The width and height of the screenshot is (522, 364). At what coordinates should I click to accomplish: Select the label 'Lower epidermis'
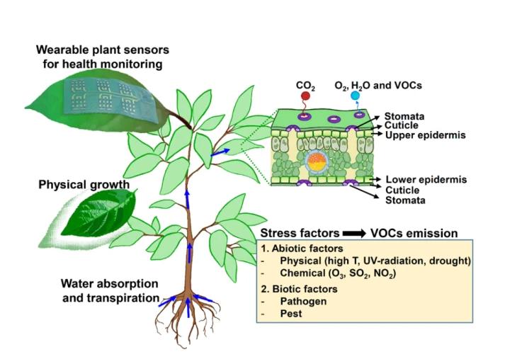[426, 180]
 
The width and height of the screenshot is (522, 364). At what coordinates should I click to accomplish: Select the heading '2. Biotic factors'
[302, 289]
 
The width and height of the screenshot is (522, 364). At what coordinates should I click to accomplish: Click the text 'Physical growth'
[84, 186]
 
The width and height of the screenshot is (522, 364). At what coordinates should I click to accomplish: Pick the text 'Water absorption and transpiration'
[108, 291]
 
